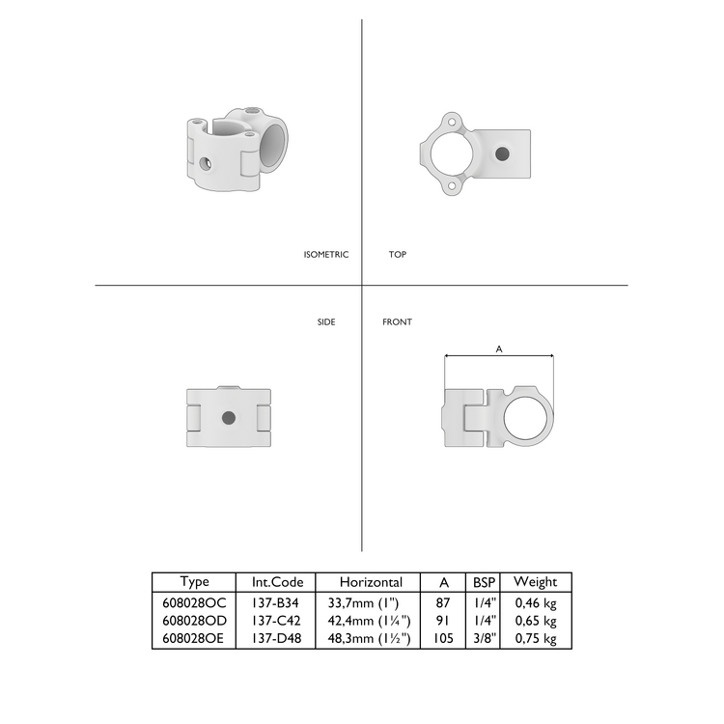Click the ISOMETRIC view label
pos(325,255)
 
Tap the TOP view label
pos(398,255)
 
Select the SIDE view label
pos(326,321)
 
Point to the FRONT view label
pos(397,321)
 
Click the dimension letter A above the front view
pos(498,349)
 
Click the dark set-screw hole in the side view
pos(228,418)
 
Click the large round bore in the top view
pos(451,153)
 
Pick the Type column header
pos(195,582)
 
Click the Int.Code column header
pos(278,582)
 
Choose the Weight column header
pos(535,582)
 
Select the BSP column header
pos(483,582)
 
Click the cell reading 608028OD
pos(195,621)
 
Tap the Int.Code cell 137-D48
pos(278,638)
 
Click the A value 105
pos(443,638)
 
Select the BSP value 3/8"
pos(483,638)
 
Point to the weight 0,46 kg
pos(535,602)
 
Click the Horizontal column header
pos(370,582)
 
